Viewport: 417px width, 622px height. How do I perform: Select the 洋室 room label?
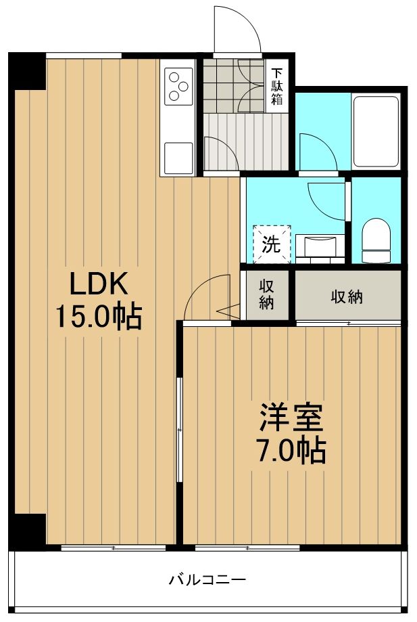[292, 418]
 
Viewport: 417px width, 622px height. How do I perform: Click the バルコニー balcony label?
[207, 580]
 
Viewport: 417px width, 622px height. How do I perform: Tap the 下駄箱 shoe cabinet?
[277, 86]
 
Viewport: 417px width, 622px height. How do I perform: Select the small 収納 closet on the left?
[266, 294]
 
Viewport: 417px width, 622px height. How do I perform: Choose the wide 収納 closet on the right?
[346, 296]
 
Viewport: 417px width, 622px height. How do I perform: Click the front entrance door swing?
[237, 30]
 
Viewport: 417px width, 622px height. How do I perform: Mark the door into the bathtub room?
[318, 152]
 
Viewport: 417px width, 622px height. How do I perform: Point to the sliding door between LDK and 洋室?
[179, 430]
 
